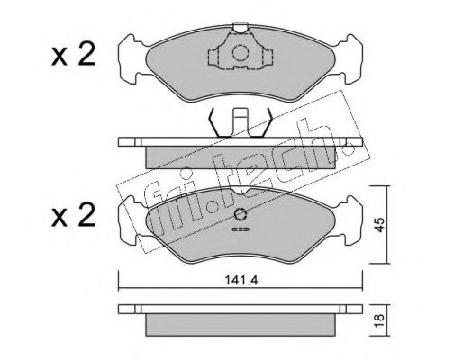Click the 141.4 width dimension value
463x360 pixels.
pyautogui.click(x=241, y=280)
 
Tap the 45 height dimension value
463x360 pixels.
pyautogui.click(x=379, y=225)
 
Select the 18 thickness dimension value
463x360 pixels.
pyautogui.click(x=379, y=320)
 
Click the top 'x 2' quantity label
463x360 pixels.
pyautogui.click(x=73, y=54)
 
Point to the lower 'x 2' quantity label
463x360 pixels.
pyautogui.click(x=73, y=215)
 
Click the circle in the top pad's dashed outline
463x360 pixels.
pyautogui.click(x=241, y=53)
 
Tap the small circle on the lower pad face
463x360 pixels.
pyautogui.click(x=241, y=214)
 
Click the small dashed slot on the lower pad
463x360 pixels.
pyautogui.click(x=241, y=229)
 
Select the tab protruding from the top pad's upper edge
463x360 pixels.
pyautogui.click(x=241, y=28)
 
